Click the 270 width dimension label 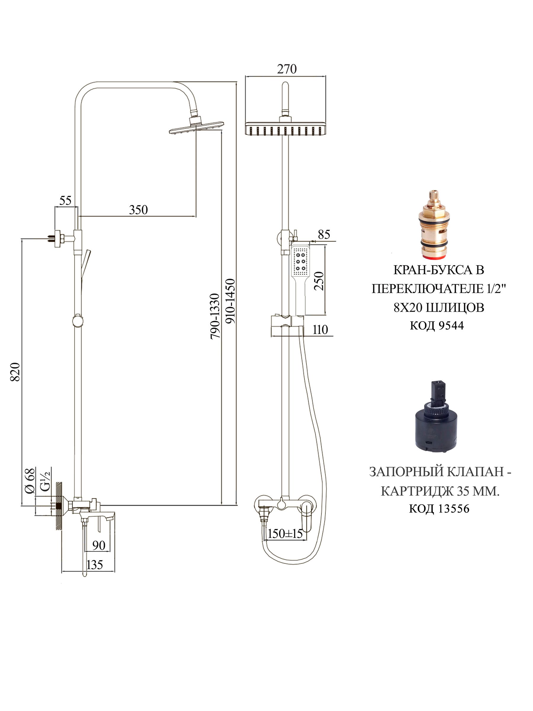click(x=287, y=69)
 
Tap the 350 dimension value click(x=139, y=210)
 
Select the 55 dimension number click(x=65, y=201)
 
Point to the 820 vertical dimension click(x=15, y=372)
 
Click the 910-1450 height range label click(x=230, y=301)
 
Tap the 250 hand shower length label click(x=319, y=281)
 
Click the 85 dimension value click(x=324, y=234)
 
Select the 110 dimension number click(x=320, y=329)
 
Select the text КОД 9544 click(x=437, y=326)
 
